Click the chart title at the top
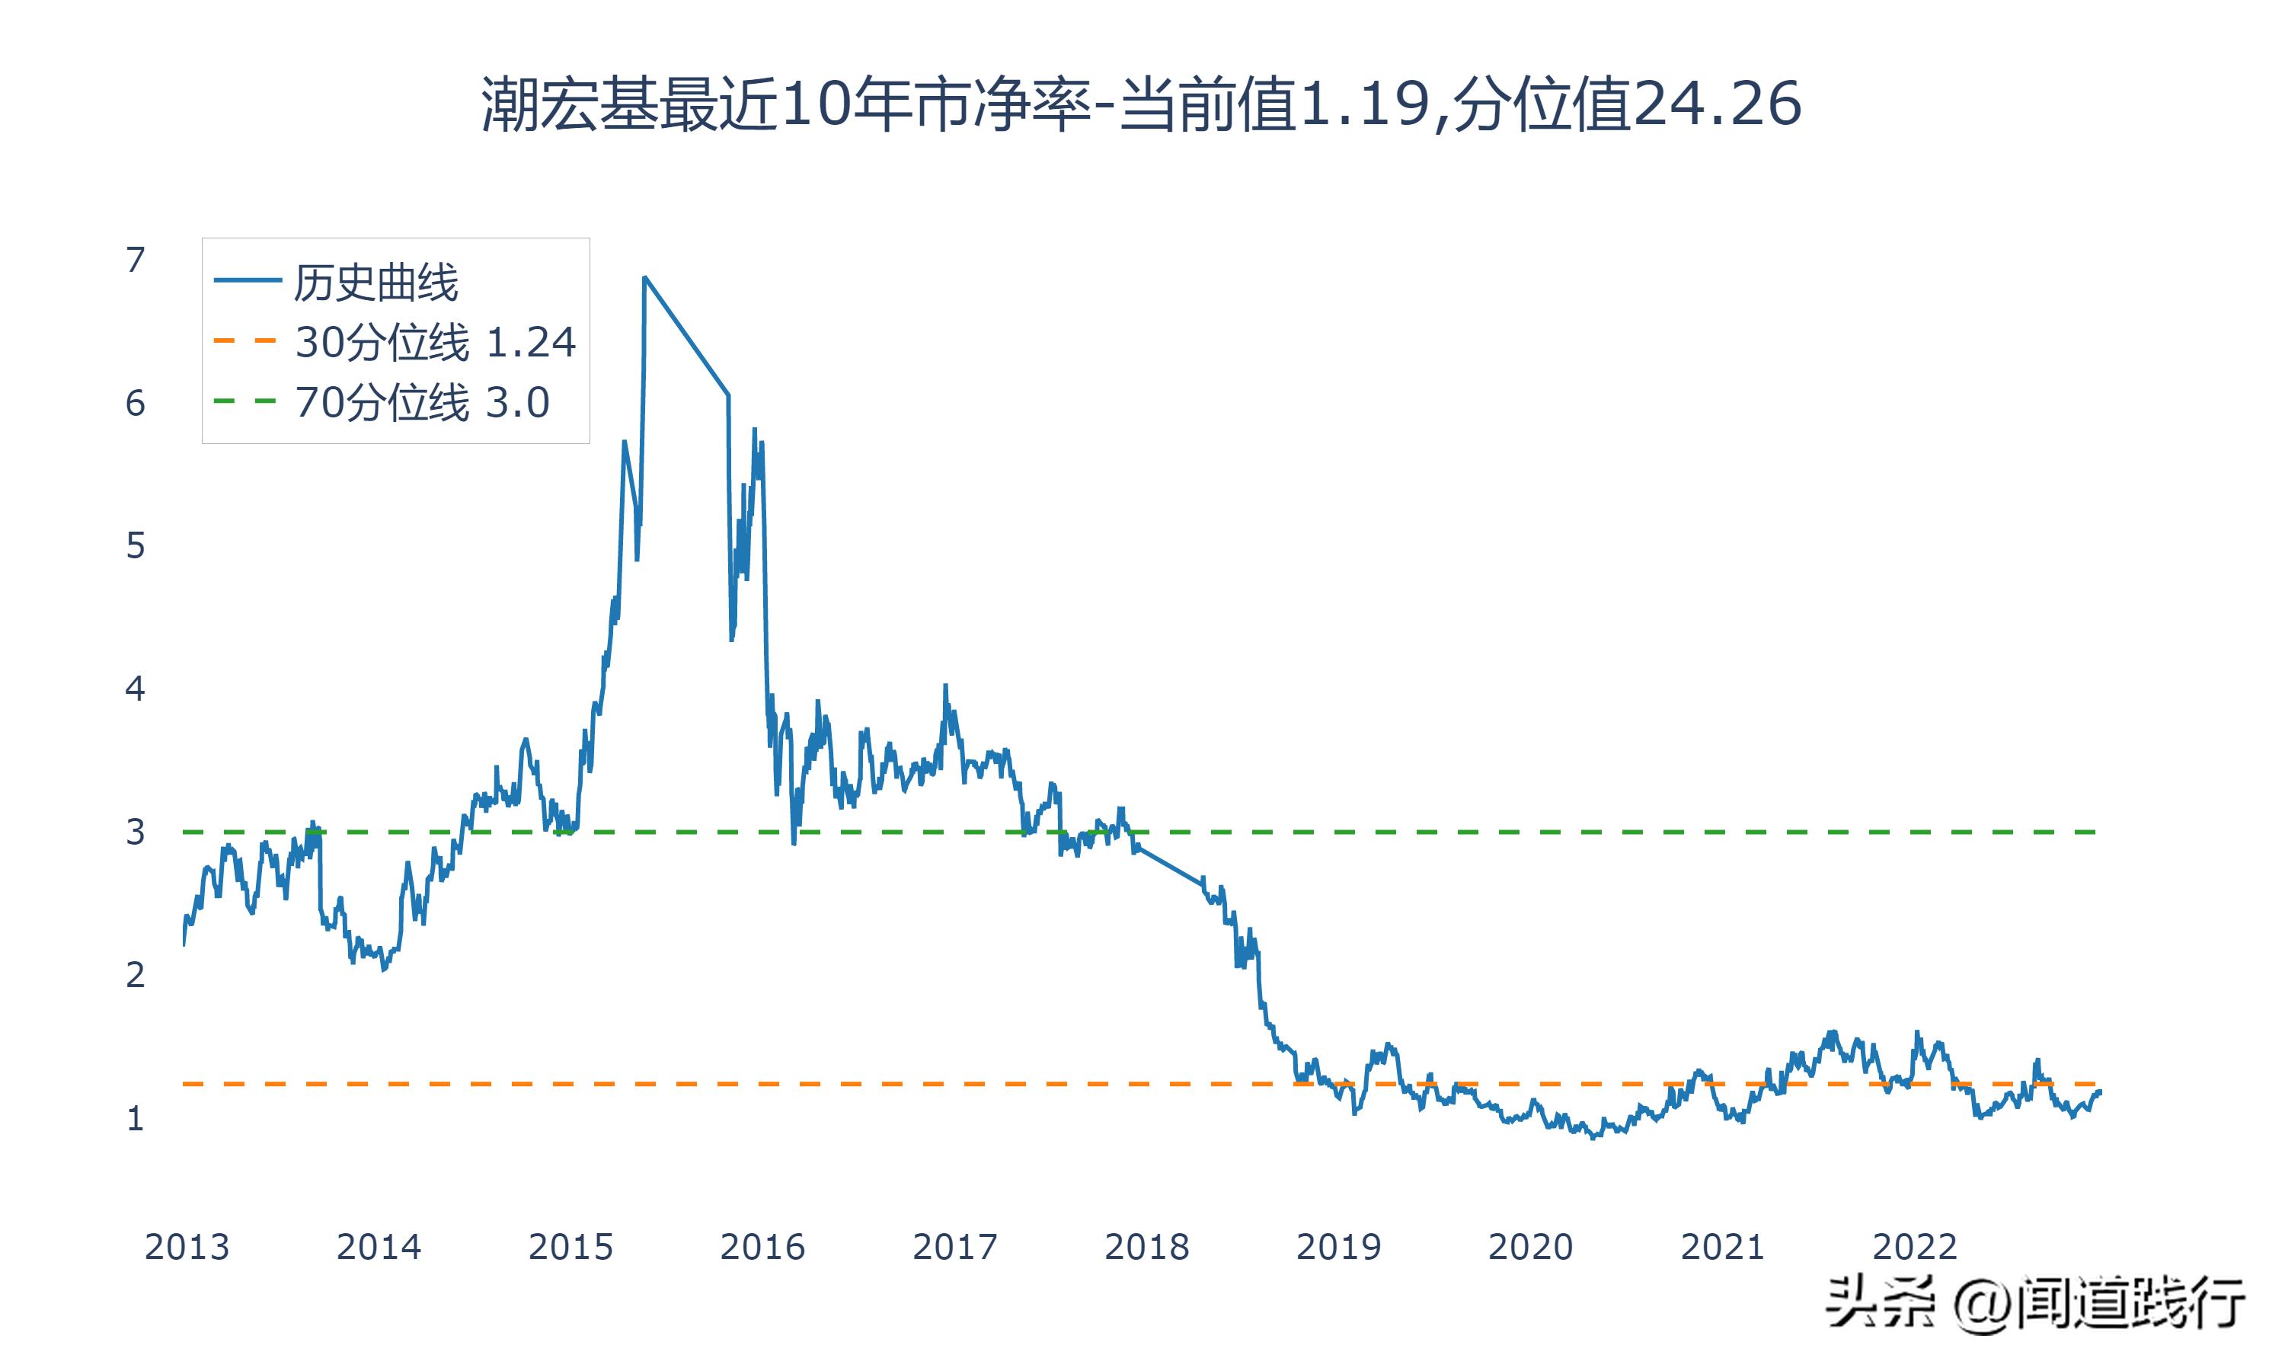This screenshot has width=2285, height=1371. point(1141,104)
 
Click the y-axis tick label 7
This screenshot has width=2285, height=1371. point(136,260)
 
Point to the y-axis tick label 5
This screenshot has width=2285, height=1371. point(136,546)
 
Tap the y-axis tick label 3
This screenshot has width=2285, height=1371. point(136,833)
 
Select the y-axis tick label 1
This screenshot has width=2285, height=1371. point(136,1119)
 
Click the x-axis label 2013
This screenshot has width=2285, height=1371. point(187,1247)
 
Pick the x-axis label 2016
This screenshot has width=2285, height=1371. point(763,1247)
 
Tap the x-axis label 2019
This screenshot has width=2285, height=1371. point(1338,1247)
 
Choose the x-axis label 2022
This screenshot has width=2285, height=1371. point(1915,1247)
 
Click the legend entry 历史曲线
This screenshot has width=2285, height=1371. point(375,283)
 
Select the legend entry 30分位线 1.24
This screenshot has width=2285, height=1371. point(434,343)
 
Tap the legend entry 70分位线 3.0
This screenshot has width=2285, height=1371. point(421,403)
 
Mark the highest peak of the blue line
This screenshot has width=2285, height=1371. point(644,277)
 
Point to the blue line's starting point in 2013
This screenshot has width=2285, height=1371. point(184,944)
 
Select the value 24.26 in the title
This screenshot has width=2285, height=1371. point(1717,104)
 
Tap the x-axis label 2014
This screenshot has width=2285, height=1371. point(379,1247)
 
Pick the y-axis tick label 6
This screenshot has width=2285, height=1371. point(136,403)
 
